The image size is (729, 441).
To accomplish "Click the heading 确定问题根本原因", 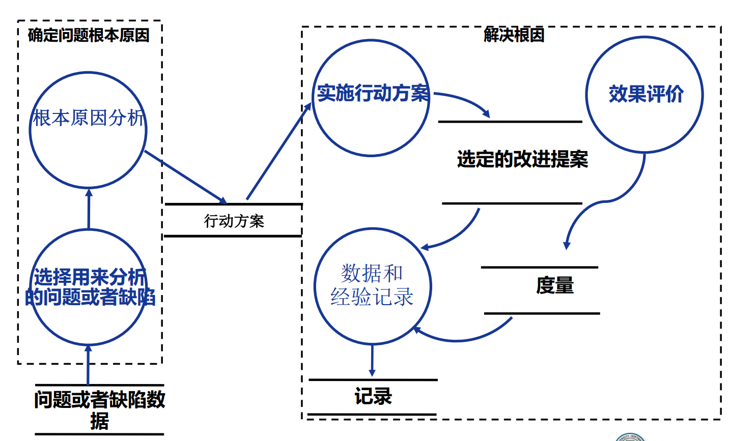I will pos(89,35).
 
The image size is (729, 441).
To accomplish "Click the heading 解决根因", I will pos(514,35).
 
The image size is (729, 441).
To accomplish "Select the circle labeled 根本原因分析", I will pos(88,130).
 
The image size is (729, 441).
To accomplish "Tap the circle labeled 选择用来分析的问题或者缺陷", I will pos(88,287).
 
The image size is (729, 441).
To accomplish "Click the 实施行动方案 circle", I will pos(371,98).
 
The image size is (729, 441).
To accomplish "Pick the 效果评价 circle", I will pos(644,95).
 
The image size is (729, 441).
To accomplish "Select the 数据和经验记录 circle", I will pos(373,285).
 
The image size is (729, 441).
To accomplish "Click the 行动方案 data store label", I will pos(234,221).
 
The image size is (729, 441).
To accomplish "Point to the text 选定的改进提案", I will pos(522,159).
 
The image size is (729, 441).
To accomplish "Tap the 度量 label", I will pos(554,285).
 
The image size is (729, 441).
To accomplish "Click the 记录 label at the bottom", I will pos(373,396).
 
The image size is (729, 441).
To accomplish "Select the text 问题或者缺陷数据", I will pos(100,409).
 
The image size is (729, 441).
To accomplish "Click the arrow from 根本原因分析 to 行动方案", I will pos(186,177).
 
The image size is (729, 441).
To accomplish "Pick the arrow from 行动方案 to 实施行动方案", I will pos(277,153).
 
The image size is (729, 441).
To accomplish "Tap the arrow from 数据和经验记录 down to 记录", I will pos(372,360).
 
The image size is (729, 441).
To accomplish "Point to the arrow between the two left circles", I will pos(89,209).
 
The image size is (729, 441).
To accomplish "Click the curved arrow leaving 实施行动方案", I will pos(463,99).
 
